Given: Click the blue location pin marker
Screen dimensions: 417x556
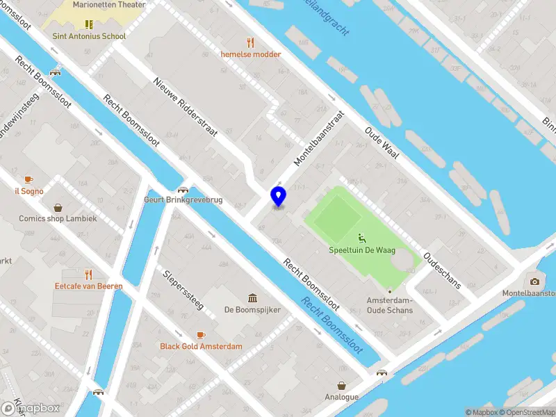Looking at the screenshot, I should (x=278, y=197).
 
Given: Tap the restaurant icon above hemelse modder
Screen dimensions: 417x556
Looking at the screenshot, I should (x=251, y=42).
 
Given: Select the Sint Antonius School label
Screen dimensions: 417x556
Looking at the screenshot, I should (x=89, y=36).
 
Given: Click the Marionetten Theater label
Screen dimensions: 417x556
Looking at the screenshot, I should (x=111, y=5).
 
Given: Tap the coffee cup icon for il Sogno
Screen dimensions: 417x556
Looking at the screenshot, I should (x=28, y=179).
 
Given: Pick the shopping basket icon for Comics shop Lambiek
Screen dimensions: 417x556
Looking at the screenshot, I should (x=58, y=207).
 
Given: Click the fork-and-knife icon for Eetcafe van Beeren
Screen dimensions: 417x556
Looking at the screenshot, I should (x=88, y=274).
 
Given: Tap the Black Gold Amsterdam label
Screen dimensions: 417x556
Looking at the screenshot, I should (x=201, y=346).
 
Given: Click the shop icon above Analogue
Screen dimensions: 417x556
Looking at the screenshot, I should (x=342, y=386).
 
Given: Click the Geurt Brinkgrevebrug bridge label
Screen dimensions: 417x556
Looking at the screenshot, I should (x=183, y=199).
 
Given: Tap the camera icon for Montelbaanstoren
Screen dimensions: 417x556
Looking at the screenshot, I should (x=534, y=281).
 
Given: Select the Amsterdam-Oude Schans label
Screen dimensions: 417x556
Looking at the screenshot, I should (x=389, y=304).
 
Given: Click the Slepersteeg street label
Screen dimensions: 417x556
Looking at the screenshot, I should (x=183, y=292).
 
